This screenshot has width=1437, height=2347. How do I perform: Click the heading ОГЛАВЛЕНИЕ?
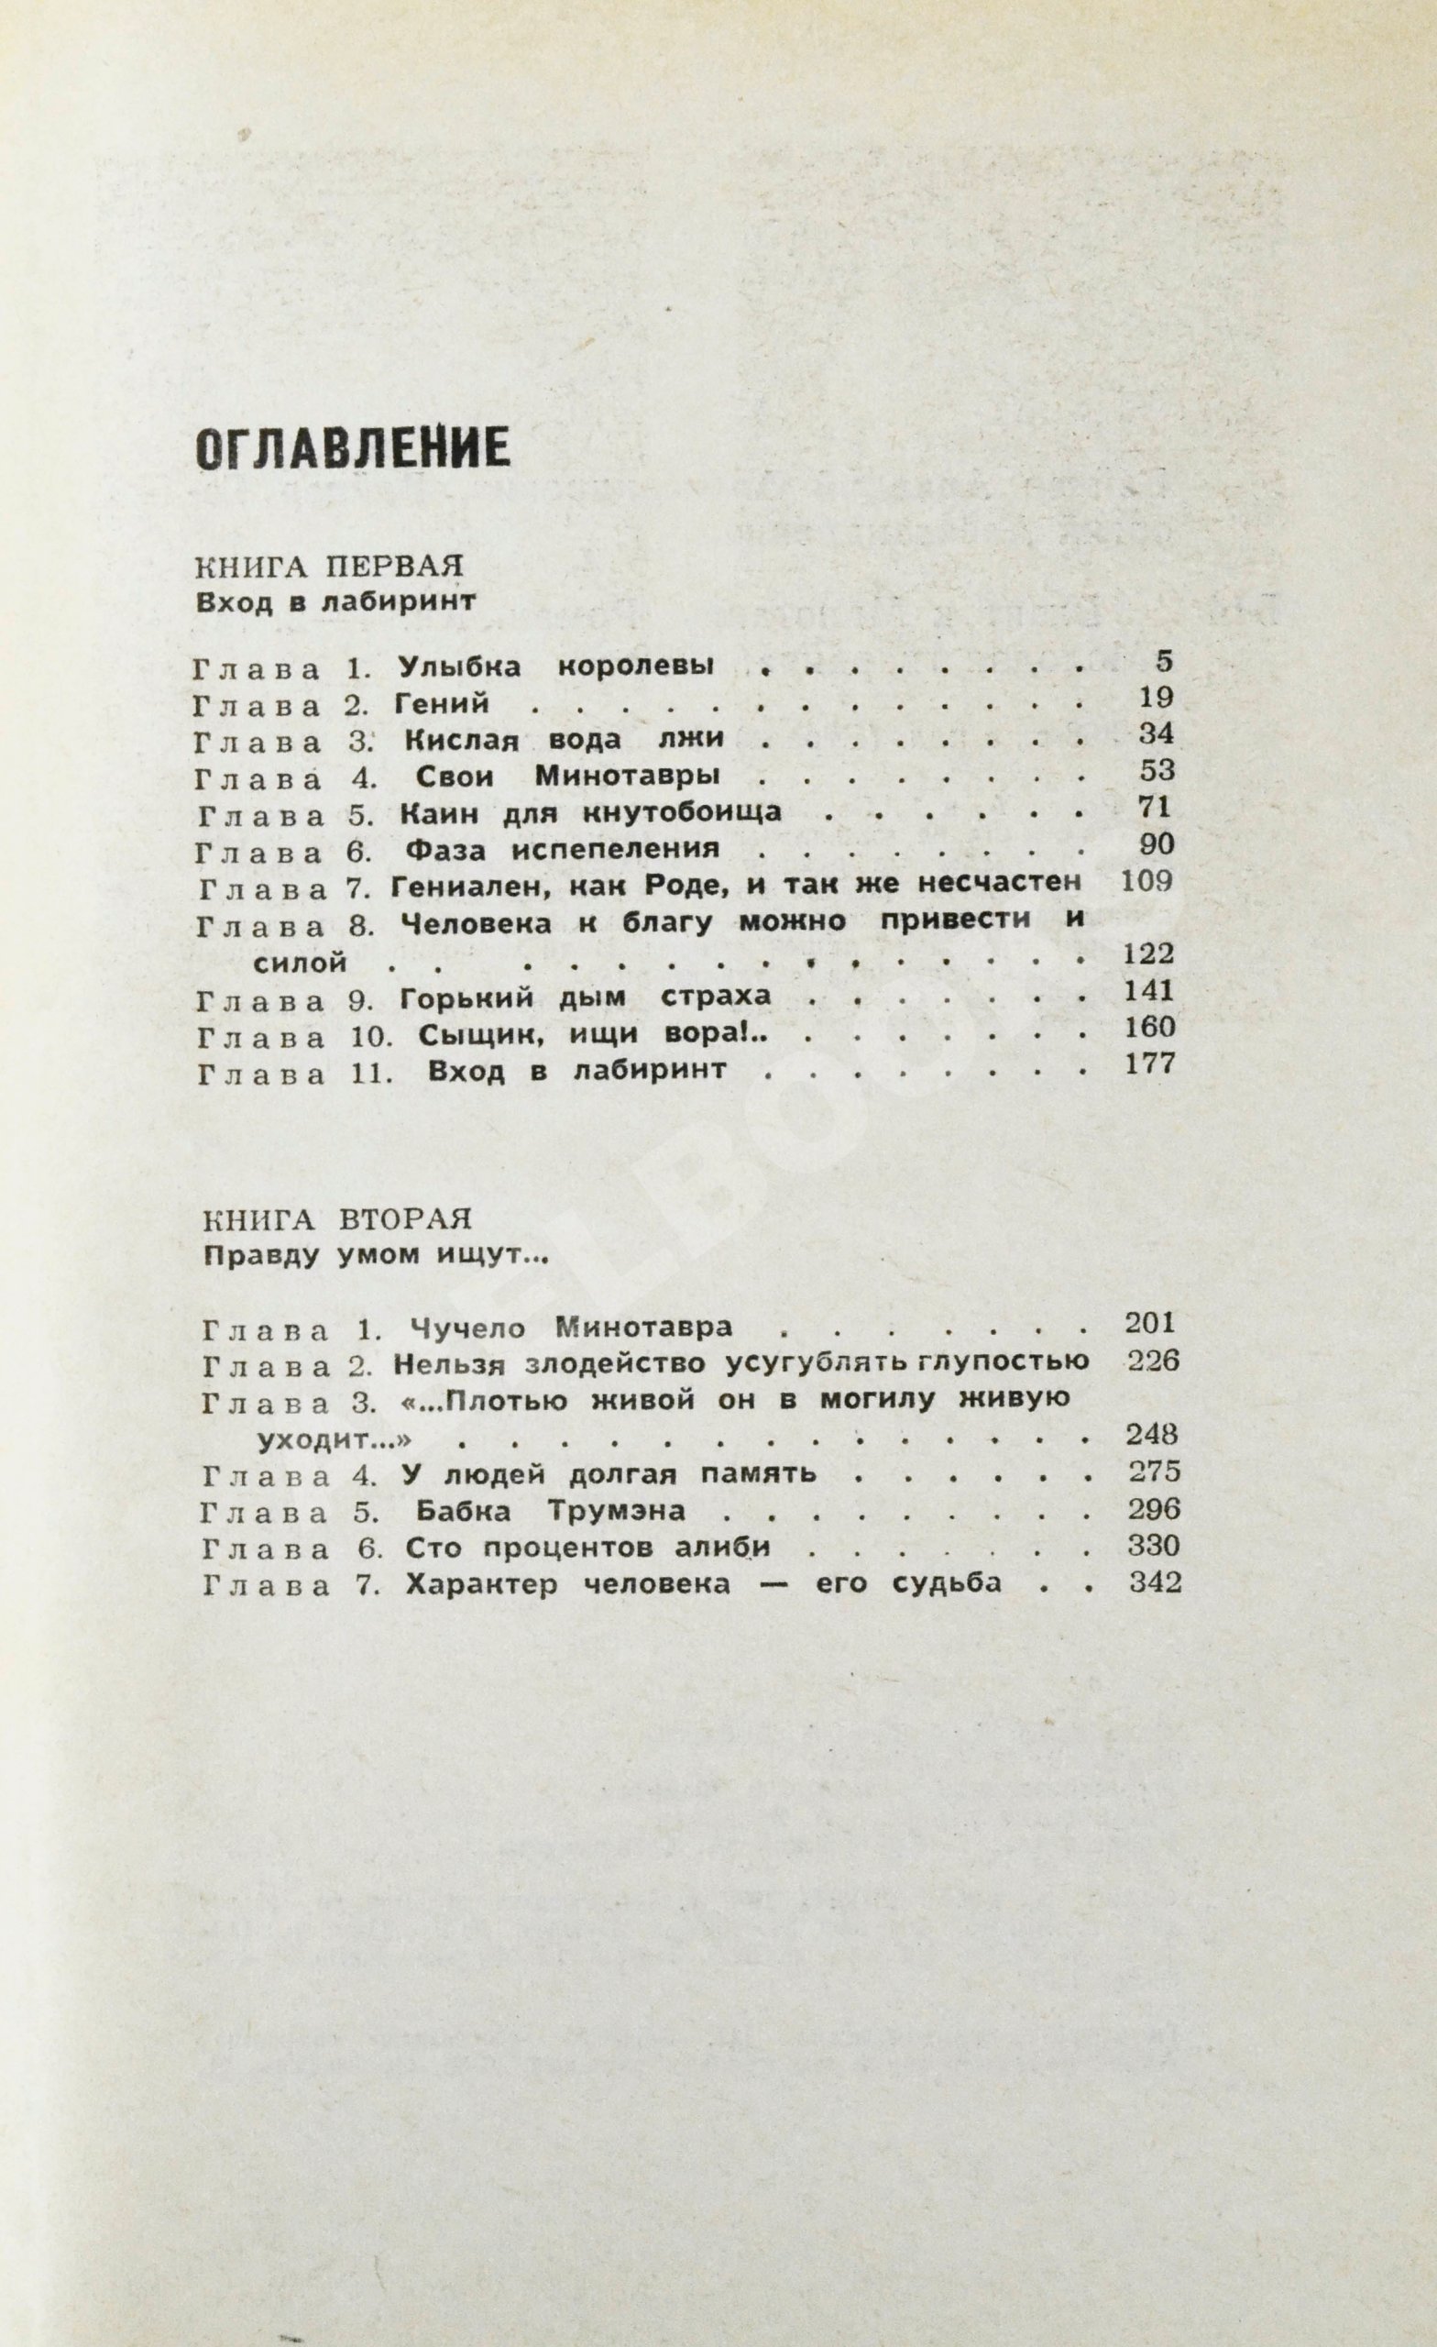[x=351, y=446]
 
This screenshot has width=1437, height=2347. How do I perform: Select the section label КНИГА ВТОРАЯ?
[x=338, y=1219]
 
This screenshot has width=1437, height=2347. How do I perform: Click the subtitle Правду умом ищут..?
[x=377, y=1255]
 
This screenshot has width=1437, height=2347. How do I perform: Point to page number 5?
[x=1164, y=661]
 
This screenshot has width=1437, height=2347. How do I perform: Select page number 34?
[x=1156, y=734]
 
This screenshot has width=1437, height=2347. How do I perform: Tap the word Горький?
[x=462, y=997]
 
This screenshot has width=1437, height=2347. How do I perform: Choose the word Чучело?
[x=466, y=1327]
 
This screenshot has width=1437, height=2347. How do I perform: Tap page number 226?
[x=1152, y=1361]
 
